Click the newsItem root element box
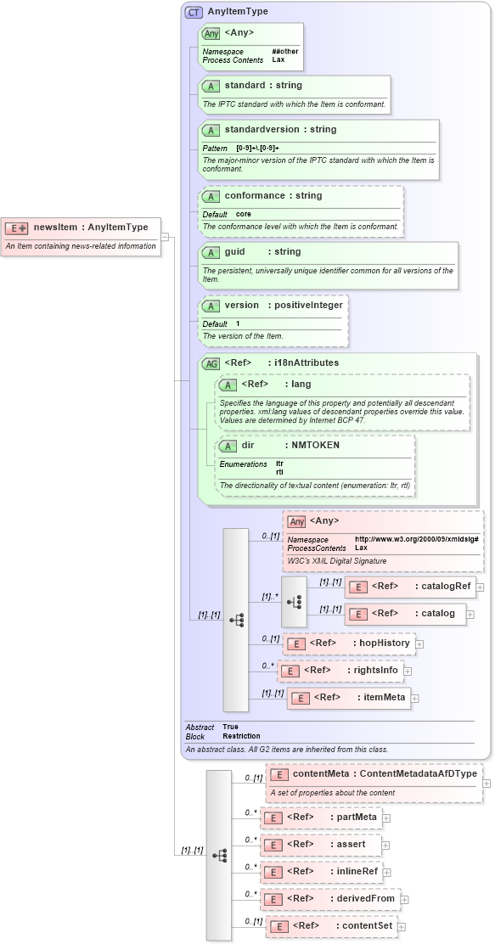pyautogui.click(x=81, y=228)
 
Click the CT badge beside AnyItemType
pyautogui.click(x=194, y=12)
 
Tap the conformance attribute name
pyautogui.click(x=255, y=195)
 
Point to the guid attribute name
pyautogui.click(x=234, y=252)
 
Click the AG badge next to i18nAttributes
pyautogui.click(x=210, y=363)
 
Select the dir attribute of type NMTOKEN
pyautogui.click(x=248, y=445)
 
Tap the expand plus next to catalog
pyautogui.click(x=471, y=614)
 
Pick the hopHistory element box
pyautogui.click(x=348, y=643)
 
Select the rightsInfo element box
pyautogui.click(x=341, y=671)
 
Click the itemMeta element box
pyautogui.click(x=348, y=698)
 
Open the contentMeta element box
pyautogui.click(x=374, y=774)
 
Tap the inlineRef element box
pyautogui.click(x=322, y=872)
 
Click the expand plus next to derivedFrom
pyautogui.click(x=405, y=899)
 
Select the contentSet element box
pyautogui.click(x=331, y=926)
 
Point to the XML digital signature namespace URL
pyautogui.click(x=416, y=540)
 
